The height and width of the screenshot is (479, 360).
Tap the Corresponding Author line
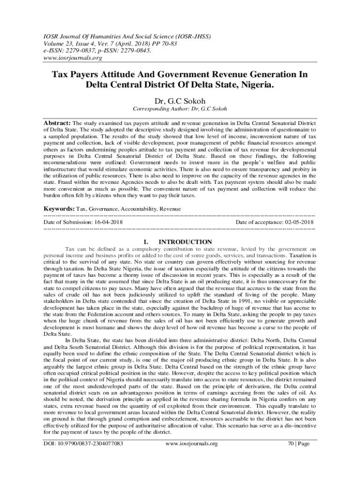click(180, 109)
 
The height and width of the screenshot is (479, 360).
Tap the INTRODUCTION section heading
click(185, 242)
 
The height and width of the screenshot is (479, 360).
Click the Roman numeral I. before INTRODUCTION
click(146, 242)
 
